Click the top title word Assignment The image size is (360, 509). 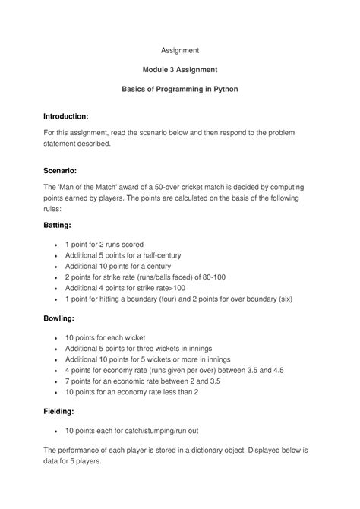[180, 50]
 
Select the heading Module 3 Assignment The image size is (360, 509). [180, 70]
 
